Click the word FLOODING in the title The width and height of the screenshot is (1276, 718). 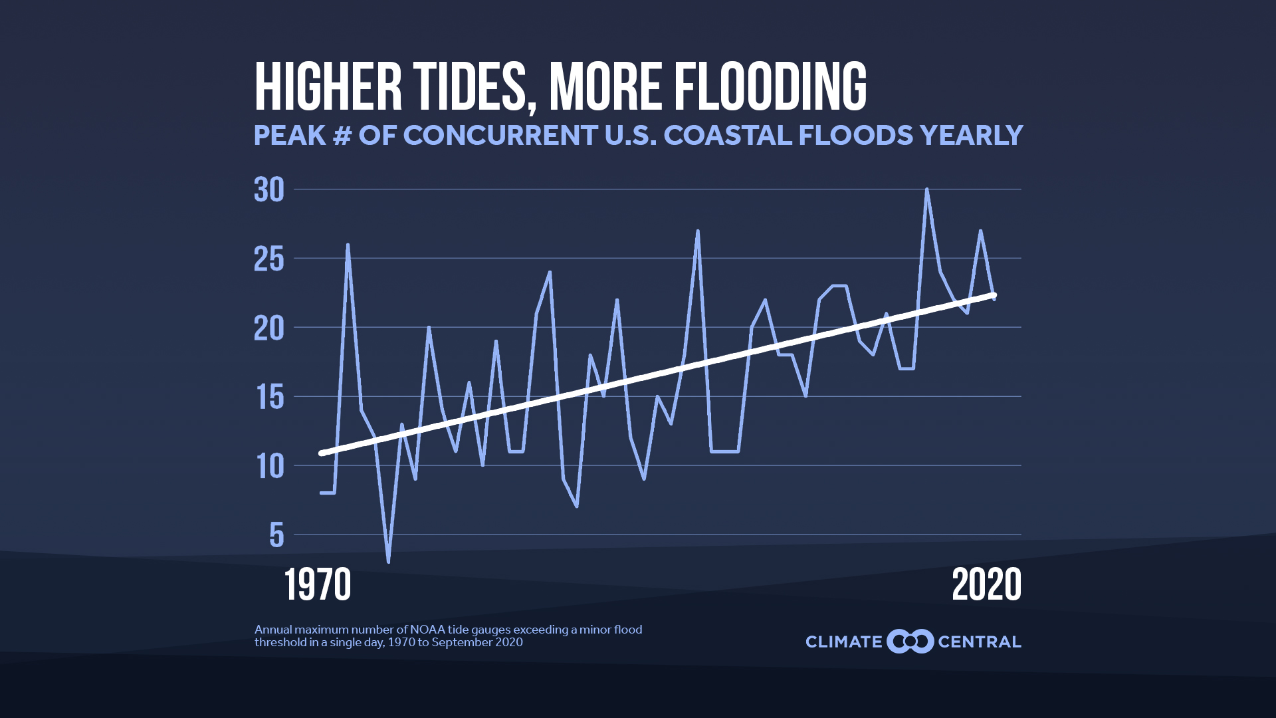point(771,87)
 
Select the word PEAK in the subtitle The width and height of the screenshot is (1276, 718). point(290,136)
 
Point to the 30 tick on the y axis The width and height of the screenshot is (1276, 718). point(269,190)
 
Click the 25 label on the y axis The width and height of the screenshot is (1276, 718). point(269,259)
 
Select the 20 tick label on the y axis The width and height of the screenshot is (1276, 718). point(269,328)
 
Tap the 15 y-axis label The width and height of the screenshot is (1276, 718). point(269,398)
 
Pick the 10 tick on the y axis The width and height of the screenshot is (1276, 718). point(269,467)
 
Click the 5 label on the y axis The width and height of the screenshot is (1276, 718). point(276,536)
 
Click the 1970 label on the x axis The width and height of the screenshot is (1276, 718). point(318,585)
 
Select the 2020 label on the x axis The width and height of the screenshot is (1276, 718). point(986,585)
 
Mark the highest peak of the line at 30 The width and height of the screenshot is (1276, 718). point(926,190)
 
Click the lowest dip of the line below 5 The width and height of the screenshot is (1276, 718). point(388,561)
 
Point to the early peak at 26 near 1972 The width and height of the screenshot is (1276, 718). point(348,245)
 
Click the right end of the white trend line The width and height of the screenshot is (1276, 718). point(994,295)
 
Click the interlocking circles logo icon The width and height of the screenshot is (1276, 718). point(910,642)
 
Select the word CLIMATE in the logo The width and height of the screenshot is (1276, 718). point(843,642)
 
